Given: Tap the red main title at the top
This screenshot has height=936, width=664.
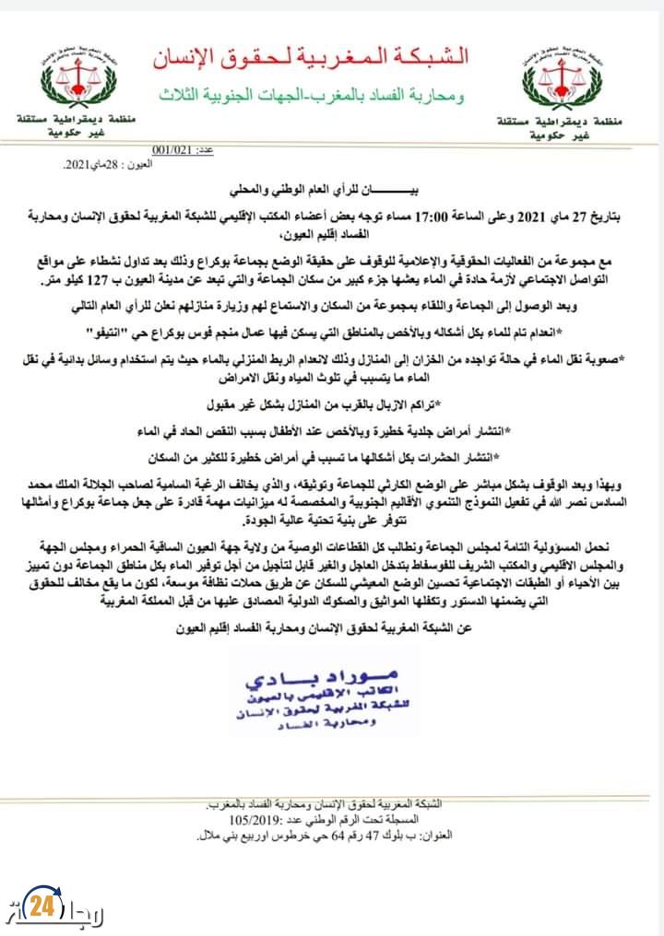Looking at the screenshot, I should [x=310, y=58].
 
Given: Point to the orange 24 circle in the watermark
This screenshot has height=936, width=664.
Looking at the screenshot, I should [x=41, y=906].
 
